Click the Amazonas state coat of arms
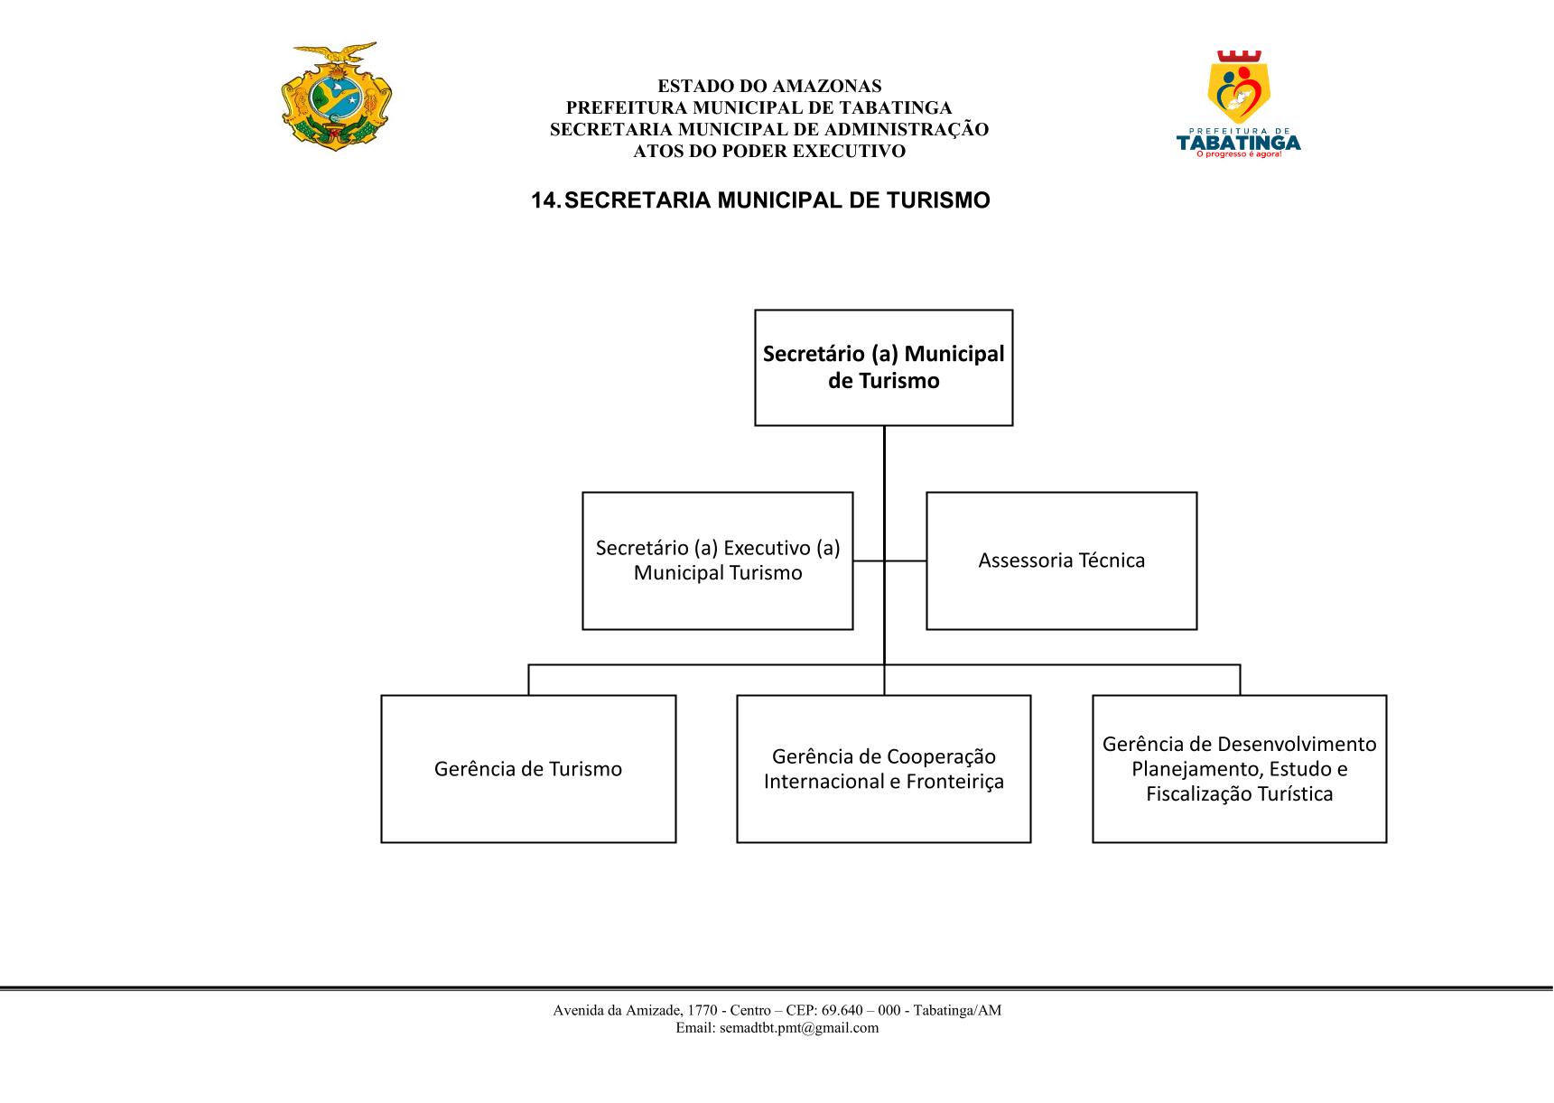pyautogui.click(x=338, y=96)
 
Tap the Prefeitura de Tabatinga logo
pyautogui.click(x=1239, y=104)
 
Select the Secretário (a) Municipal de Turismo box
pyautogui.click(x=883, y=367)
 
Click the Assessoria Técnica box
pyautogui.click(x=1061, y=561)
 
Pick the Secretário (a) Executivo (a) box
pyautogui.click(x=717, y=561)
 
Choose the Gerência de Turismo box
pyautogui.click(x=528, y=769)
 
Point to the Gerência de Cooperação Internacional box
pyautogui.click(x=883, y=769)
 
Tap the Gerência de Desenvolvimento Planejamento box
pyautogui.click(x=1239, y=769)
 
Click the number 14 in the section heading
pyautogui.click(x=544, y=200)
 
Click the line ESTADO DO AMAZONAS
pyautogui.click(x=769, y=87)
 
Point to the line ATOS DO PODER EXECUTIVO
pyautogui.click(x=769, y=152)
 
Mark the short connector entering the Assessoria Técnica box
pyautogui.click(x=906, y=561)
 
